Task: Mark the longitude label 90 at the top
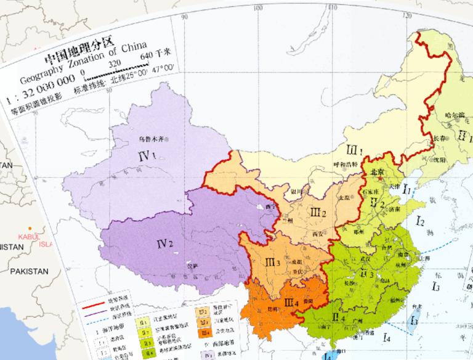183,17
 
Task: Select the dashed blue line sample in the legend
101,320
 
